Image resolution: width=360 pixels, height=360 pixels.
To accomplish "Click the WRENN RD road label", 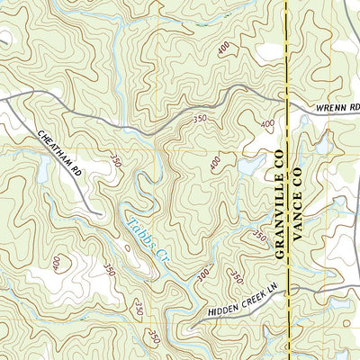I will (x=337, y=110).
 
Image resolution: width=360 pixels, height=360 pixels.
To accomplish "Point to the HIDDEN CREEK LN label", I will (x=237, y=301).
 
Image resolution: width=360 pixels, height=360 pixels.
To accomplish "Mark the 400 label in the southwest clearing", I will (x=58, y=262).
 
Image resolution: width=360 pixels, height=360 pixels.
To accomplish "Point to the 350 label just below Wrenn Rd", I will (x=200, y=118).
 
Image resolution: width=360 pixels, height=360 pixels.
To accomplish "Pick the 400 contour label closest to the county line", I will (x=266, y=124).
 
